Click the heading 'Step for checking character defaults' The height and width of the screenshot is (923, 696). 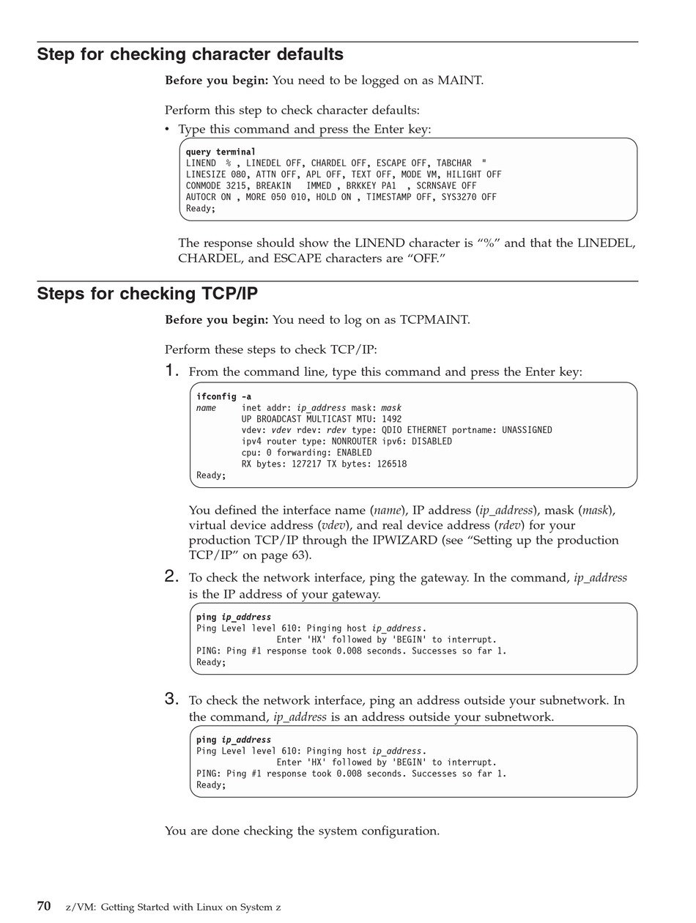tap(190, 55)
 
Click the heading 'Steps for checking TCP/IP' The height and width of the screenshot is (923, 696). tap(147, 294)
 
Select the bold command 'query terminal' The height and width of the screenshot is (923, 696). tap(221, 152)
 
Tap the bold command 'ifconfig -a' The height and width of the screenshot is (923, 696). tap(223, 396)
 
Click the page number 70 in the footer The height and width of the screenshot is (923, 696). tap(44, 906)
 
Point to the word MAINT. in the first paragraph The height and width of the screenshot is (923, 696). tap(460, 81)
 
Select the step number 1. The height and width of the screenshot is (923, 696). tap(172, 371)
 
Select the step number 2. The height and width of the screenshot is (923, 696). tap(172, 577)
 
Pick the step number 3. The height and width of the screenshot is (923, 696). tap(172, 699)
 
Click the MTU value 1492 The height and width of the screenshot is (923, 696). tap(391, 419)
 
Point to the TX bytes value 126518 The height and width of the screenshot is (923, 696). tap(391, 464)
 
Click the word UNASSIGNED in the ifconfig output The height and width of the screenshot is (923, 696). tap(527, 430)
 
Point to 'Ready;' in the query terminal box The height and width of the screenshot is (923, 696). tap(201, 208)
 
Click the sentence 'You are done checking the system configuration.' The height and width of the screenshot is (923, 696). tap(302, 831)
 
